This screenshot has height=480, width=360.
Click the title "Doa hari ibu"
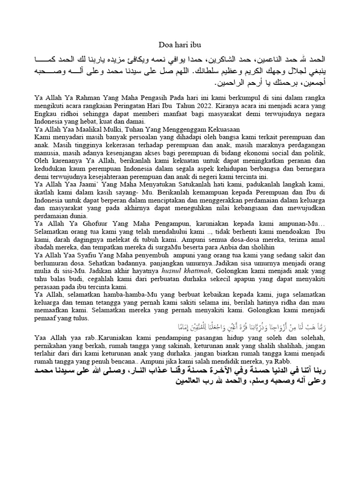point(180,45)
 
